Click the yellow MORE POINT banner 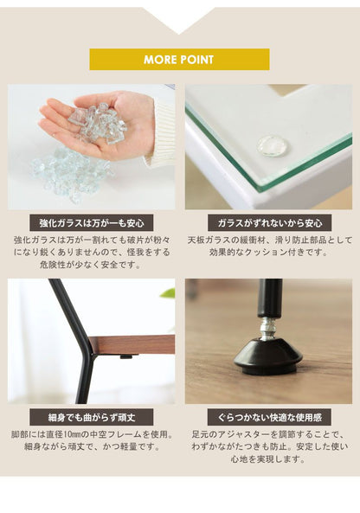[179, 59]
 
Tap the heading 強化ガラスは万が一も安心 [92, 223]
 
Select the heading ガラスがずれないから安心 [270, 223]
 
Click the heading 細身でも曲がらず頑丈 [92, 417]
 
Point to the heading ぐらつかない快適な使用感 [270, 417]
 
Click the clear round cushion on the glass [273, 145]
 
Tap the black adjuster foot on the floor [268, 356]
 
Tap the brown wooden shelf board [132, 344]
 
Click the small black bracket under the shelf [126, 356]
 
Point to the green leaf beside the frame [168, 292]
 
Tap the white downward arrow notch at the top [179, 20]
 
